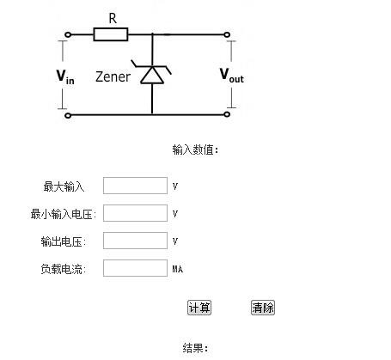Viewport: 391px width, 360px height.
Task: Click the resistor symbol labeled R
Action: pyautogui.click(x=111, y=34)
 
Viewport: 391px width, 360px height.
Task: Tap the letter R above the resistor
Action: pyautogui.click(x=113, y=18)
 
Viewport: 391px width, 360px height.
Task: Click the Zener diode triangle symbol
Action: pyautogui.click(x=152, y=75)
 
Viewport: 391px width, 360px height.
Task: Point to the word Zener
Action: pyautogui.click(x=113, y=76)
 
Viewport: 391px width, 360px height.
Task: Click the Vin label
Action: pyautogui.click(x=65, y=76)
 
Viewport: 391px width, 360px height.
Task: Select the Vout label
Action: pyautogui.click(x=232, y=75)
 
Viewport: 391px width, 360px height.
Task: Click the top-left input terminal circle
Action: pyautogui.click(x=68, y=34)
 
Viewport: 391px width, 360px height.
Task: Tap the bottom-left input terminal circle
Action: pyautogui.click(x=68, y=115)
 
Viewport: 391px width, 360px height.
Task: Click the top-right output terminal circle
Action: pyautogui.click(x=227, y=34)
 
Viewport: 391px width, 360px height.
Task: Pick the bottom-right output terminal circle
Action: pyautogui.click(x=227, y=114)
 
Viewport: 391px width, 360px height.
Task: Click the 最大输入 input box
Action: pyautogui.click(x=135, y=186)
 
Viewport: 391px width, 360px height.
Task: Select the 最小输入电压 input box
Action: pyautogui.click(x=135, y=213)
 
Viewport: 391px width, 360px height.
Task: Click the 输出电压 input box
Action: pyautogui.click(x=135, y=241)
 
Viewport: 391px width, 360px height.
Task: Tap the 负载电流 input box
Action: pyautogui.click(x=135, y=268)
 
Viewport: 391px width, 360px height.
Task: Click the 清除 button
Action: pyautogui.click(x=263, y=308)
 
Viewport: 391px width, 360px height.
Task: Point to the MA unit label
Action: pyautogui.click(x=178, y=269)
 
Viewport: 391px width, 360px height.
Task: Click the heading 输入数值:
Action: pyautogui.click(x=195, y=149)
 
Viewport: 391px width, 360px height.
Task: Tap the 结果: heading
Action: pyautogui.click(x=195, y=348)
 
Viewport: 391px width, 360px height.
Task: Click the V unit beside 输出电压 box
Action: pyautogui.click(x=175, y=241)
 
